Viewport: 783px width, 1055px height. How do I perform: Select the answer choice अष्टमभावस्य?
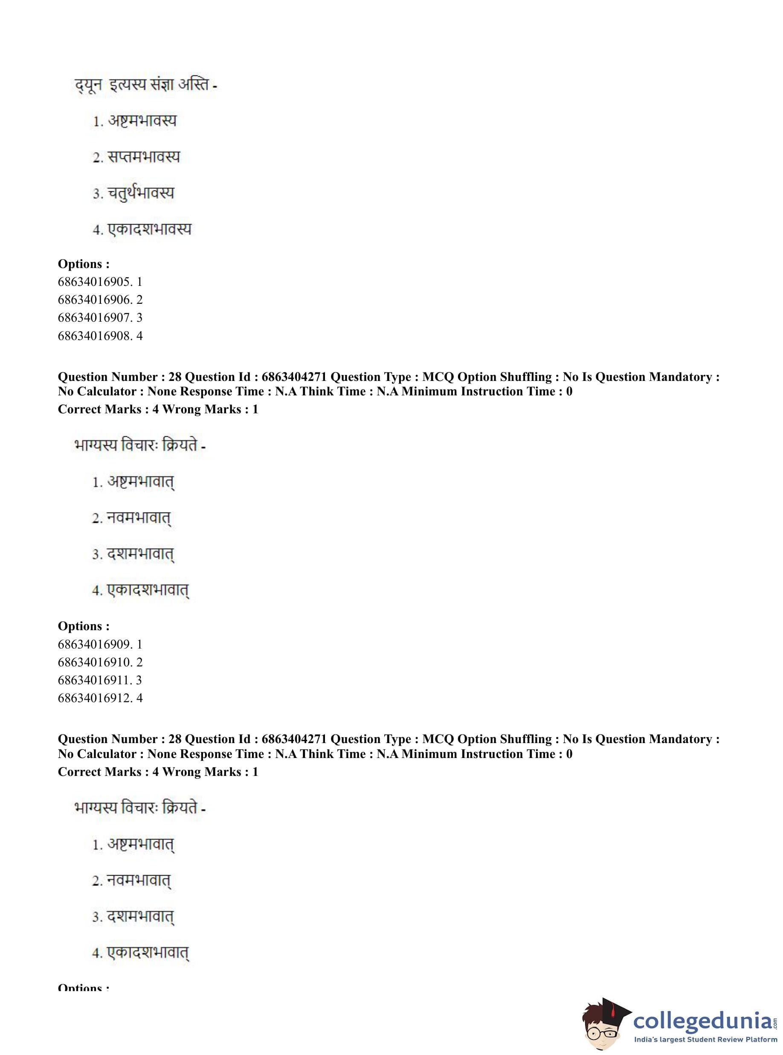coord(142,121)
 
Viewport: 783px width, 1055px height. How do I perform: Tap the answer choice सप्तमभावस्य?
coord(144,157)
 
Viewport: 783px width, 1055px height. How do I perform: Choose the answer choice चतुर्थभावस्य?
coord(141,193)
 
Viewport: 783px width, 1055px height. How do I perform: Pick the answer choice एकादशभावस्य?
coord(149,230)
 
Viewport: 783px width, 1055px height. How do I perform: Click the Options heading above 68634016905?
coord(84,264)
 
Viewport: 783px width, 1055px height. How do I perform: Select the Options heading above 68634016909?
coord(84,626)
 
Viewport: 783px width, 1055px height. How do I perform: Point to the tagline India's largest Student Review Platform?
coord(705,1040)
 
